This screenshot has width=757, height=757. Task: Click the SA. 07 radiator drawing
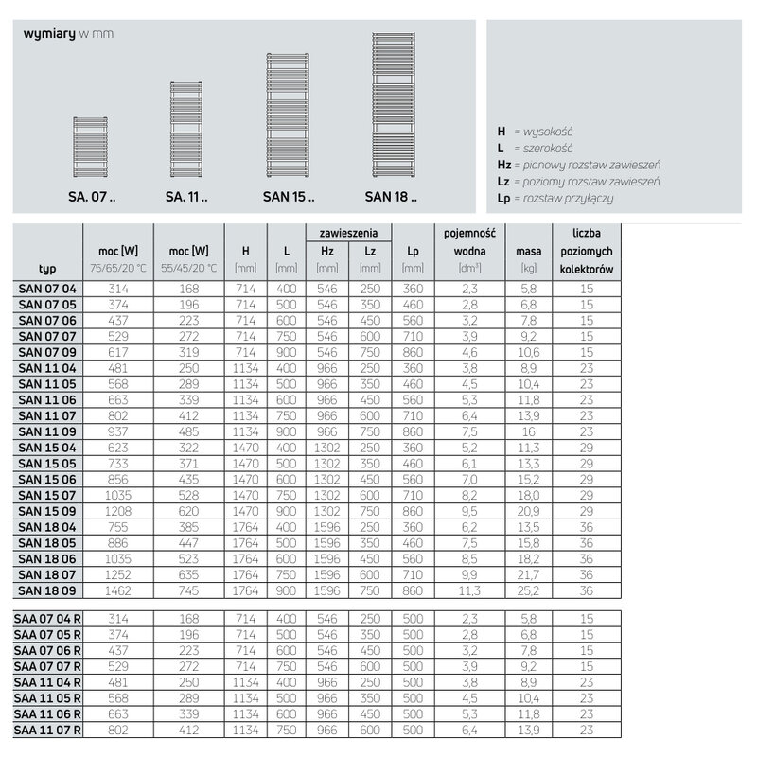pos(91,148)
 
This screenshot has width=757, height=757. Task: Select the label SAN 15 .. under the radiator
pos(289,198)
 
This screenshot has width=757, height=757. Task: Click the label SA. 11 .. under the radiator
pos(185,198)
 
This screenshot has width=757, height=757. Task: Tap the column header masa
pos(528,251)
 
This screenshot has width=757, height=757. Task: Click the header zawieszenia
pos(349,232)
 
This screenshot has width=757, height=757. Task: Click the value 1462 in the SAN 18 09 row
pos(118,590)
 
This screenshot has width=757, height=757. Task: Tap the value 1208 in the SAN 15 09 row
pos(118,511)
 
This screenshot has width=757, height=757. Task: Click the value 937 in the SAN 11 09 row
pos(118,431)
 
